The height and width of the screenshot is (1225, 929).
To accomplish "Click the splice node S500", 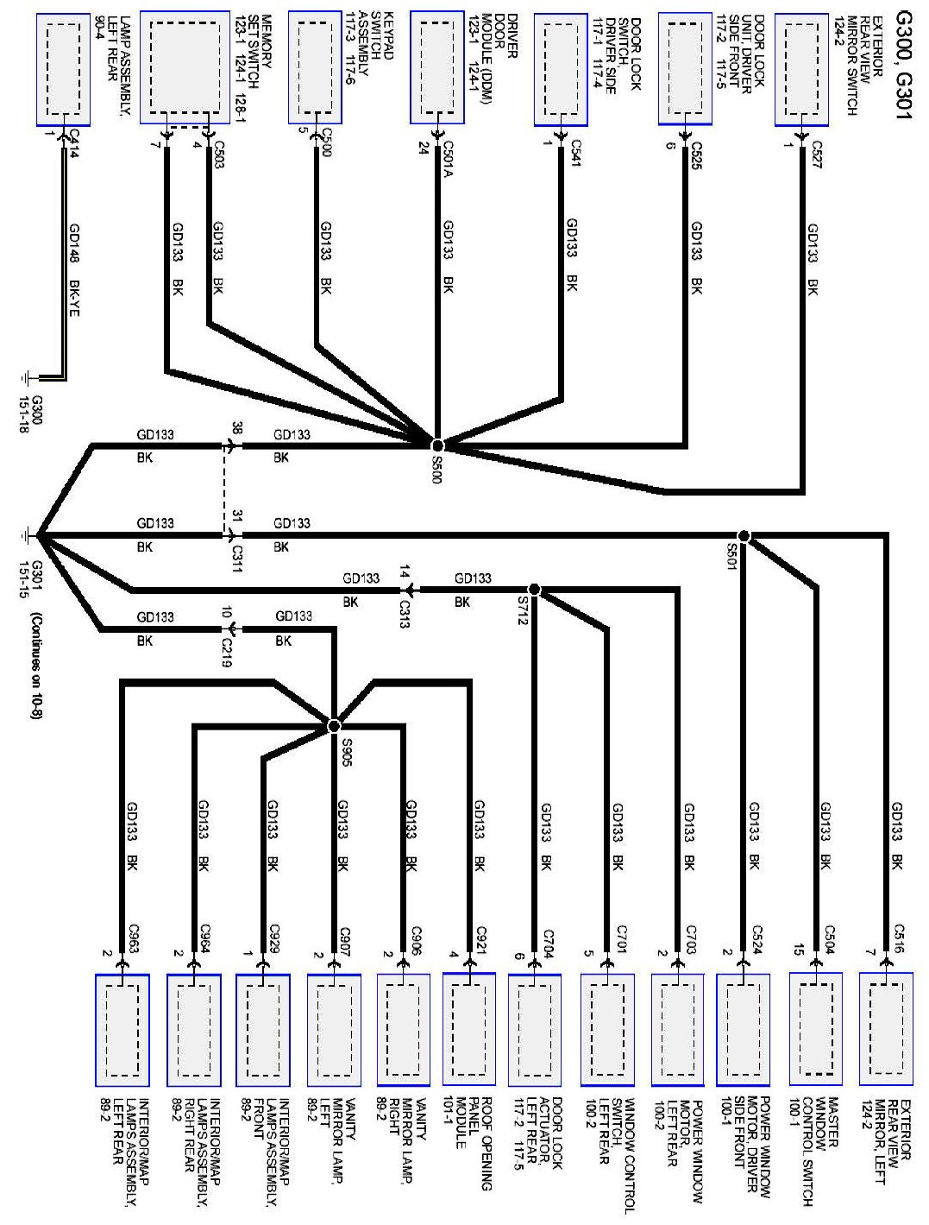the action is tap(437, 445).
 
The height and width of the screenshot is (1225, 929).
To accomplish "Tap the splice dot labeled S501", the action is tap(744, 536).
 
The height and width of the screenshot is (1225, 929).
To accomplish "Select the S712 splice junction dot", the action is tap(534, 589).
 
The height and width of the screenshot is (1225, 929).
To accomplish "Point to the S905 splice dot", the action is tap(335, 724).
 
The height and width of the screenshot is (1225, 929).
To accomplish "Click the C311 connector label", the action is tap(237, 553).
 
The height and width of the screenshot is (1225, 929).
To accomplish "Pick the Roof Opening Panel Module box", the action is tap(469, 1029).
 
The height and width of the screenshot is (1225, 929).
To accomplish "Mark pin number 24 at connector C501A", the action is tap(424, 146).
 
